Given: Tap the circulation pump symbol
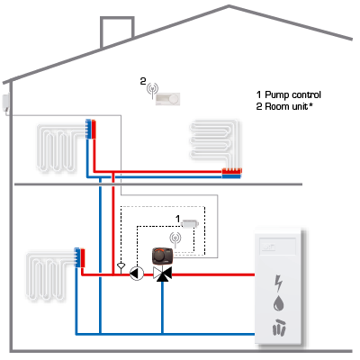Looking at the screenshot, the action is click(137, 274).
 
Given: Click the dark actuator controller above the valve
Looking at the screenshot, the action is click(162, 256).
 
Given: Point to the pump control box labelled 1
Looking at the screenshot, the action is click(190, 223).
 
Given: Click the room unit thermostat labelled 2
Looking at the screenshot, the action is click(167, 98).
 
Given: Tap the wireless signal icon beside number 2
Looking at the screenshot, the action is click(152, 90).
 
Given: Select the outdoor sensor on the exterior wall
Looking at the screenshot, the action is click(5, 103).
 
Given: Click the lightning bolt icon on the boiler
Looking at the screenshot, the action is click(279, 283).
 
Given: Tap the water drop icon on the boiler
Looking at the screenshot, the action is click(279, 303).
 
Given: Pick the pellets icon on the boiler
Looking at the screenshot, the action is click(279, 327).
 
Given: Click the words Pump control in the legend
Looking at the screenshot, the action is click(292, 94).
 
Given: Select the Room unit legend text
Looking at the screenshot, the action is click(286, 106).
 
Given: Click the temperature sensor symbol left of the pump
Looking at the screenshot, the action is click(121, 267).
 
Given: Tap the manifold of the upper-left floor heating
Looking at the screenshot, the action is click(91, 129).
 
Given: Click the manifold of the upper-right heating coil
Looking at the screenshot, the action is click(231, 174).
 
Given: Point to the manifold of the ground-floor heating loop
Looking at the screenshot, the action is click(80, 257).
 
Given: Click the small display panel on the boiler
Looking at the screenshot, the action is click(277, 247).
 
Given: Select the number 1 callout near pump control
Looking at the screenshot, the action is click(178, 219).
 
